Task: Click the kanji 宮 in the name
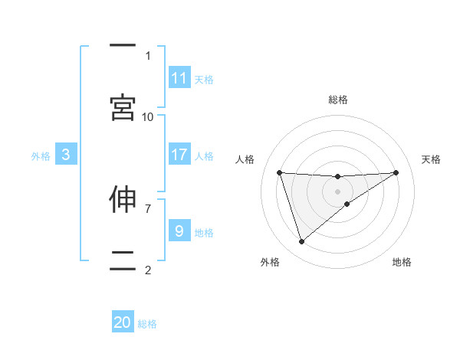123,108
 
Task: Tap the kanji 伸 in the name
123,199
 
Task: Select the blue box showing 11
179,78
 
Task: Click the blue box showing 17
179,155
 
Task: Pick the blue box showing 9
179,231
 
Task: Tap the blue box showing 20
123,322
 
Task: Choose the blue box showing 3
66,155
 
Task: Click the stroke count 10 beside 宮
148,116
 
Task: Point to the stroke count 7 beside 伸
148,208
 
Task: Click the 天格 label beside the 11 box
204,79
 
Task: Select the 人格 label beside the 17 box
204,155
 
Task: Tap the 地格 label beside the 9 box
204,231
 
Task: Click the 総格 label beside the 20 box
147,323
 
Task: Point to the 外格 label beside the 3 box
41,155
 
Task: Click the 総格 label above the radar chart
337,100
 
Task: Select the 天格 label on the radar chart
431,159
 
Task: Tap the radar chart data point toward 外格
301,242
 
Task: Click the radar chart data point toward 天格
396,172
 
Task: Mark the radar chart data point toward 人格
279,172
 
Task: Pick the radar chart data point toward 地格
347,203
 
